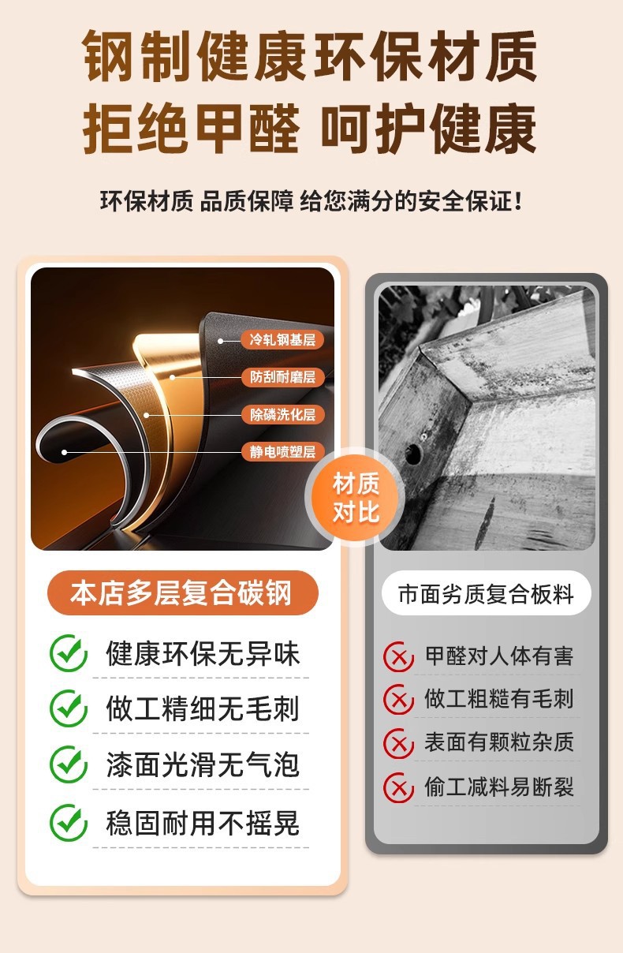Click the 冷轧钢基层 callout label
pos(282,340)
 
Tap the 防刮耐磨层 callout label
pos(282,377)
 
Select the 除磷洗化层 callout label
pos(282,414)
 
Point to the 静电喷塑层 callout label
pos(282,451)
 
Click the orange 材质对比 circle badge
pos(355,498)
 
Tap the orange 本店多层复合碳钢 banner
pos(182,592)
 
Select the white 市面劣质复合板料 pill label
pos(486,594)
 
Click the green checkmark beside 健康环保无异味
pos(68,653)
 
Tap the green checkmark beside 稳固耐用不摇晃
pos(68,823)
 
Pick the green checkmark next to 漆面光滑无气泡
pos(68,764)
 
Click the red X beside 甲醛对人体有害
pos(398,657)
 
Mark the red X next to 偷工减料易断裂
pos(398,788)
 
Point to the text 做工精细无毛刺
pos(203,709)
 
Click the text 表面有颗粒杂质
pos(499,742)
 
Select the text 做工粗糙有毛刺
pos(499,699)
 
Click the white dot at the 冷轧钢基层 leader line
pos(220,341)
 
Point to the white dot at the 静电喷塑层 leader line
pos(64,452)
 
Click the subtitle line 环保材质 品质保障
pos(197,201)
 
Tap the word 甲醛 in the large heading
pos(247,128)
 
